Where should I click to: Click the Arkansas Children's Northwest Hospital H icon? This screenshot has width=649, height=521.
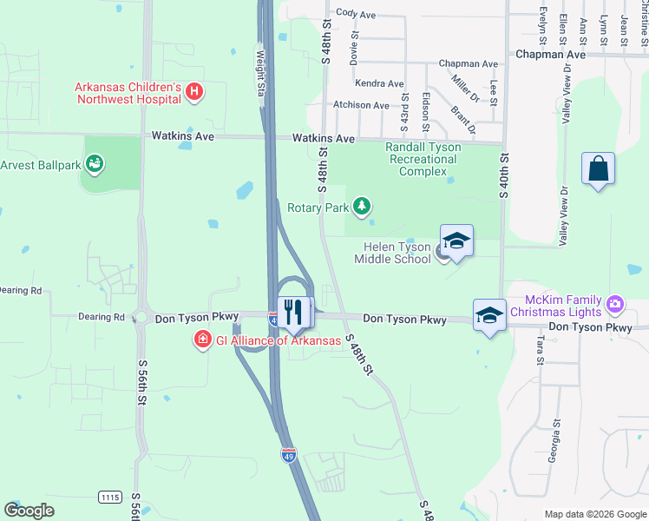(x=194, y=90)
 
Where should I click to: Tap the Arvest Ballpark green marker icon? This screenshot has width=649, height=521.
(x=95, y=162)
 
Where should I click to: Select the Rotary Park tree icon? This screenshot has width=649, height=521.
(x=361, y=207)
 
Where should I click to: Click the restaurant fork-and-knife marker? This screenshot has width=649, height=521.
(x=292, y=311)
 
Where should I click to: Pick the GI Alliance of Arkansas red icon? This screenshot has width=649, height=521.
(x=202, y=339)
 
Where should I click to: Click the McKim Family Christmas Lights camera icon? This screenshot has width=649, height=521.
(x=615, y=304)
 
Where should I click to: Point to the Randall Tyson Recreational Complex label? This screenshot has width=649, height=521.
(x=423, y=159)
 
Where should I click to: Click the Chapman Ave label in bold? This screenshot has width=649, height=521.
(x=550, y=54)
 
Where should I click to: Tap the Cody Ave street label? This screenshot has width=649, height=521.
(x=356, y=14)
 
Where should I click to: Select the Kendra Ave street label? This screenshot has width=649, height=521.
(x=379, y=84)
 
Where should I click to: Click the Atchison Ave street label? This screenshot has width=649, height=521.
(x=361, y=105)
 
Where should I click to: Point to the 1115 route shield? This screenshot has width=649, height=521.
(x=110, y=497)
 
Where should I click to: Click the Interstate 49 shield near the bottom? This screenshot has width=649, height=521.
(x=289, y=454)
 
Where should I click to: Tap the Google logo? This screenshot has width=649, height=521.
(x=29, y=511)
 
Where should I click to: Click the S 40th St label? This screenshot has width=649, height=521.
(x=503, y=175)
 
